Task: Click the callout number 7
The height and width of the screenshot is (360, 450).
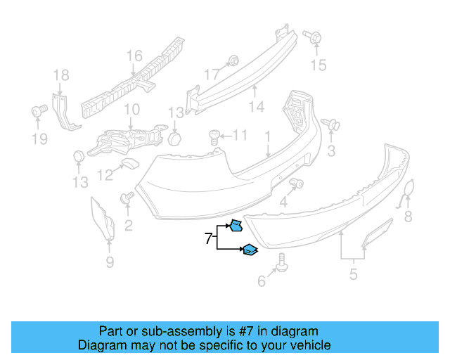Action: pos(208,239)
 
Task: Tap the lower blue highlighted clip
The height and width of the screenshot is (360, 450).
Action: pos(250,249)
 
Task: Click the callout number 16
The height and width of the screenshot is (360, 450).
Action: pos(134,56)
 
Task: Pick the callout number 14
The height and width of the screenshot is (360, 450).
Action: pos(256,107)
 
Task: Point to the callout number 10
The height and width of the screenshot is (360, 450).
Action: pos(131,110)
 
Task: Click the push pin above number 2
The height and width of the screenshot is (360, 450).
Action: pos(128,199)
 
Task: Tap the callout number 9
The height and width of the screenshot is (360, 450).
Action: pos(110,264)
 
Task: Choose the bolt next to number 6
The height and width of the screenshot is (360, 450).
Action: pos(282,262)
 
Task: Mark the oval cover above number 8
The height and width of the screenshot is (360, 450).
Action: pos(408,191)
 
